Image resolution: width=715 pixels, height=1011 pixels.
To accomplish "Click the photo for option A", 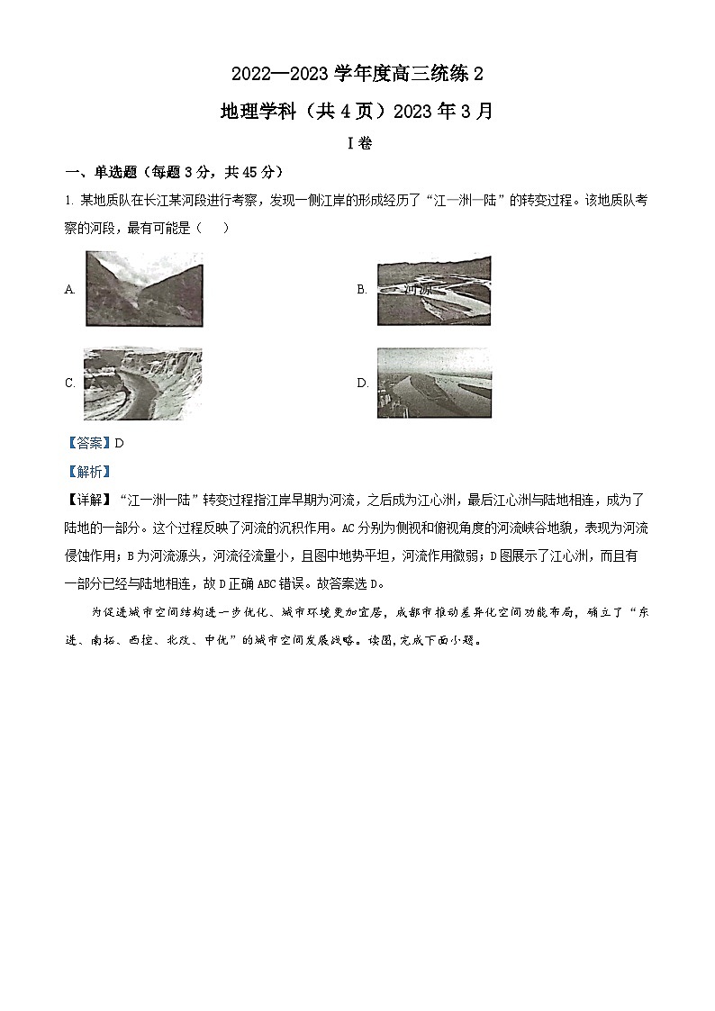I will pyautogui.click(x=143, y=288).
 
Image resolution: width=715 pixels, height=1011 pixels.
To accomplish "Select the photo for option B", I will pyautogui.click(x=434, y=290).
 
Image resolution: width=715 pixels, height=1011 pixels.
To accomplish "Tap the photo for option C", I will pyautogui.click(x=142, y=384).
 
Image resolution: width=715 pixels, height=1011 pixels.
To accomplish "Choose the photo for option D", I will pyautogui.click(x=434, y=383).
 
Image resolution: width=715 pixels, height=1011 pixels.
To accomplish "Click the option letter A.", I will pyautogui.click(x=69, y=290).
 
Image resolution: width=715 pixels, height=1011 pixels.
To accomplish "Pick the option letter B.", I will pyautogui.click(x=362, y=290).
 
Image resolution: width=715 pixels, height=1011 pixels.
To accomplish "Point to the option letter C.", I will pyautogui.click(x=69, y=384).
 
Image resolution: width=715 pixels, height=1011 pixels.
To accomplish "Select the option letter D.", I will pyautogui.click(x=362, y=384).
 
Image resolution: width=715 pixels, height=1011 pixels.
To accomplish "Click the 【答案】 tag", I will pyautogui.click(x=88, y=443).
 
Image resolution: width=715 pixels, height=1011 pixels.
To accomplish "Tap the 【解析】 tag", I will pyautogui.click(x=88, y=472).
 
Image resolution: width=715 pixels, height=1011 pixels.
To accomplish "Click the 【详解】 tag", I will pyautogui.click(x=88, y=500).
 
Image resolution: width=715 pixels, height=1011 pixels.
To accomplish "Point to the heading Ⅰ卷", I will pyautogui.click(x=357, y=144).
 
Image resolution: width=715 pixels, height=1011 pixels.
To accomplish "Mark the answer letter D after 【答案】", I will pyautogui.click(x=119, y=443).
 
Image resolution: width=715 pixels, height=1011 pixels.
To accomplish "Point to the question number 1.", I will pyautogui.click(x=67, y=201).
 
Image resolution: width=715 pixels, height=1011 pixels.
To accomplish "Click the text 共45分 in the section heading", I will pyautogui.click(x=249, y=173).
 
